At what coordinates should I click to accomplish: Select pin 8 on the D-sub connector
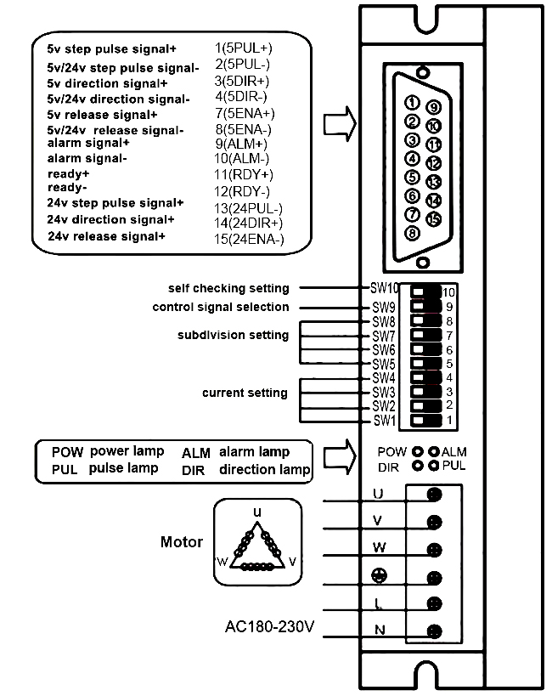412,232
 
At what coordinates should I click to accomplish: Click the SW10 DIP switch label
385,288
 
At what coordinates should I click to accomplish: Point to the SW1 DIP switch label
384,421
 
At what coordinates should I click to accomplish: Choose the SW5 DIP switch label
384,364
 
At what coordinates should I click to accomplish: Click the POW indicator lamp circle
417,451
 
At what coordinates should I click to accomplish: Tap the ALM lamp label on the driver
454,451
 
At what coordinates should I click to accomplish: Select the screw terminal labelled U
434,495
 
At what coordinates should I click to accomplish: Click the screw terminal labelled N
434,631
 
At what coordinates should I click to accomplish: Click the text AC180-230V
270,628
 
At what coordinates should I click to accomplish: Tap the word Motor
182,541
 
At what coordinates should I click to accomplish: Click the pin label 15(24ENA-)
251,240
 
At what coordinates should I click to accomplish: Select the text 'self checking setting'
228,288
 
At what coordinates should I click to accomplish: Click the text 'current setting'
245,393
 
